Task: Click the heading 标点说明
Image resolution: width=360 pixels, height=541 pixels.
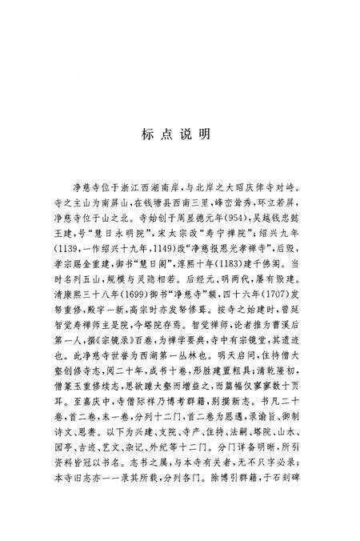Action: click(178, 134)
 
